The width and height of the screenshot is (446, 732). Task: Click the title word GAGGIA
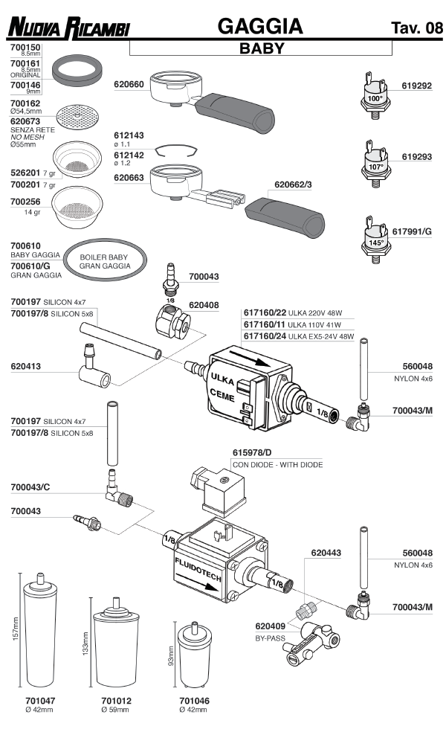click(x=259, y=27)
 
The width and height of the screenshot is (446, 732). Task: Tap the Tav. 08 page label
click(x=416, y=29)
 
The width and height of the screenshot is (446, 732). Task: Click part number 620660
click(x=129, y=85)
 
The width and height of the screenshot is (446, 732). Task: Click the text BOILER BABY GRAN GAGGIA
click(x=104, y=261)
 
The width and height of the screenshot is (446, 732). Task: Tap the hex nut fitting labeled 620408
click(x=172, y=322)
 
